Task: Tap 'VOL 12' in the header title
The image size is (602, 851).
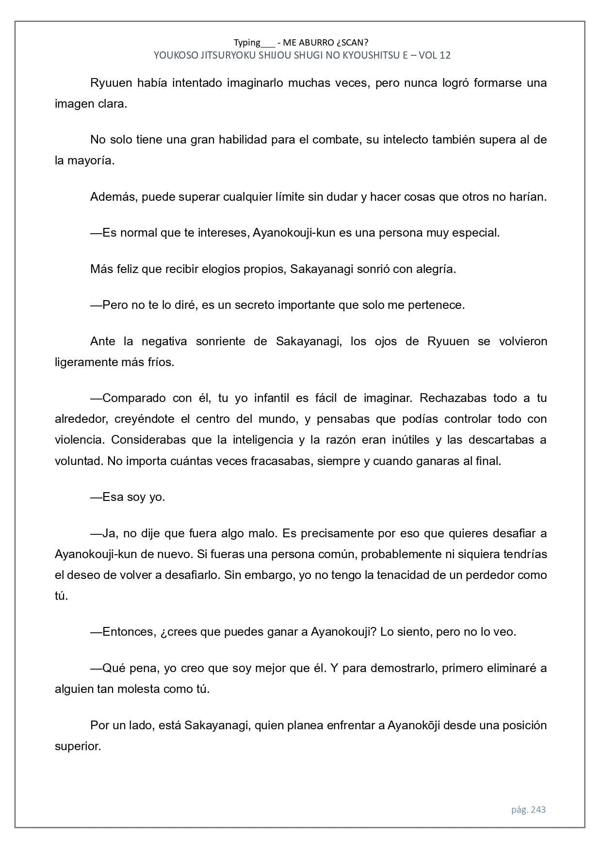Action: (434, 55)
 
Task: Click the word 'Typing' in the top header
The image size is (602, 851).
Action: (247, 42)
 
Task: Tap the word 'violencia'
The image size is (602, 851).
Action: (79, 440)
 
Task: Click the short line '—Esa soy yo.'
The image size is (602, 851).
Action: (128, 498)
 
